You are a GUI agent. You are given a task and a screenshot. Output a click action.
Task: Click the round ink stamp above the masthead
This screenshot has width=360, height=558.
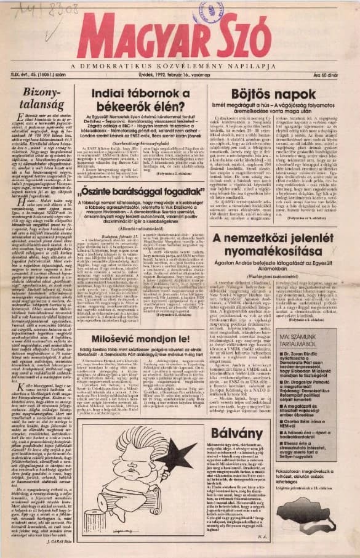click(x=209, y=12)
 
